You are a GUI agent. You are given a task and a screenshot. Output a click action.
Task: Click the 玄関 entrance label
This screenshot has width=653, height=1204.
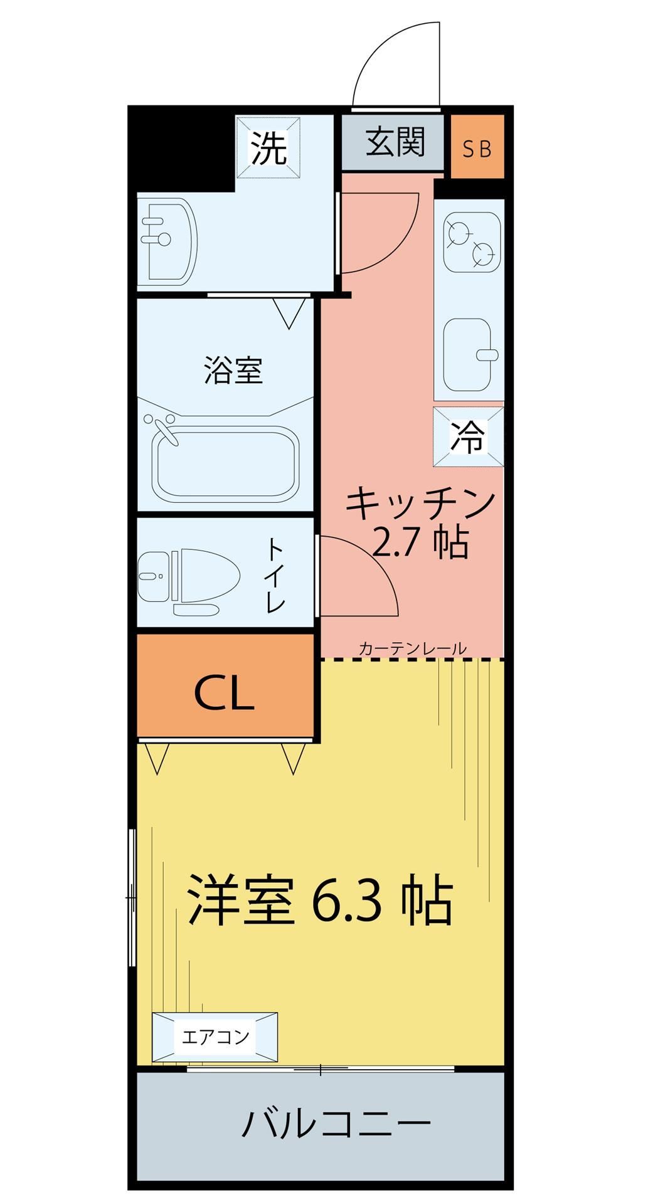(x=395, y=142)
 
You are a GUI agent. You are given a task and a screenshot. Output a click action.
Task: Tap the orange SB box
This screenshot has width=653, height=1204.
(x=477, y=148)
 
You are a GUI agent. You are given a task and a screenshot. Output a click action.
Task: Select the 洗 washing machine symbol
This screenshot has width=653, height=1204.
(x=268, y=148)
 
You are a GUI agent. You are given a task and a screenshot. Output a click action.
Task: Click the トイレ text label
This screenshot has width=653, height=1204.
(x=276, y=574)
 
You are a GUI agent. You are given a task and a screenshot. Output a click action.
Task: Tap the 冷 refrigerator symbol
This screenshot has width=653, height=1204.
(x=468, y=436)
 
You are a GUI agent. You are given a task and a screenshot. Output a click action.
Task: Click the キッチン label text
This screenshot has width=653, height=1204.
(x=420, y=504)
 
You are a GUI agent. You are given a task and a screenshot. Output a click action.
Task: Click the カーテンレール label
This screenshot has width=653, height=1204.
(x=412, y=648)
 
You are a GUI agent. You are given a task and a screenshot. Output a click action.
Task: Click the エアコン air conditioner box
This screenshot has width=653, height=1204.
(x=215, y=1037)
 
